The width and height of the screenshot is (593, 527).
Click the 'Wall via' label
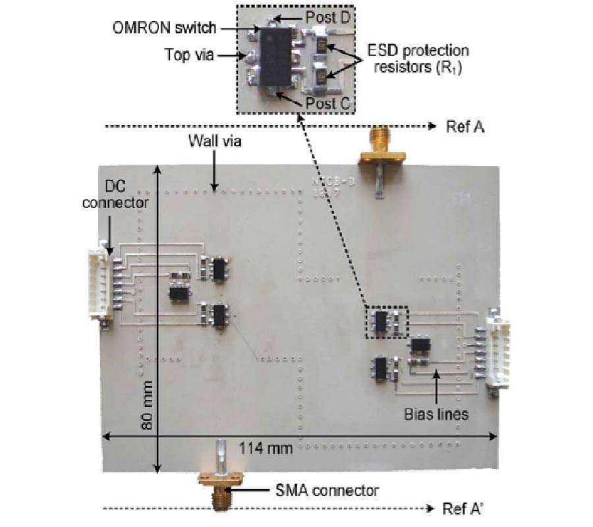(212, 141)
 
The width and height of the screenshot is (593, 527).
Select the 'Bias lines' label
(438, 414)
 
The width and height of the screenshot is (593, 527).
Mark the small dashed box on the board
(387, 322)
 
